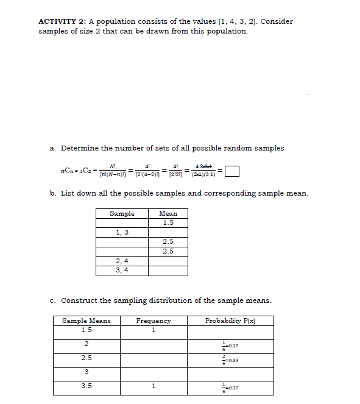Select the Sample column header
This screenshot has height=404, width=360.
(x=122, y=214)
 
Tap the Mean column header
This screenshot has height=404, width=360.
(x=168, y=214)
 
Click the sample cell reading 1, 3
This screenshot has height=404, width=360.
(x=122, y=232)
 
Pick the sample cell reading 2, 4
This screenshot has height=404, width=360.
(x=122, y=260)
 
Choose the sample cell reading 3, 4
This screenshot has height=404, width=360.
(x=122, y=269)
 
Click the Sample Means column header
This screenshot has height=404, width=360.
(x=86, y=321)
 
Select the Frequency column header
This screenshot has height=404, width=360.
(x=154, y=321)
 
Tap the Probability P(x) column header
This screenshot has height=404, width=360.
(x=230, y=321)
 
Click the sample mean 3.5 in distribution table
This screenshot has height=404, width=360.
(x=86, y=385)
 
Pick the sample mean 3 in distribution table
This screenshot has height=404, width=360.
(x=86, y=372)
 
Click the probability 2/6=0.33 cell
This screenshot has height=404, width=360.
(x=230, y=358)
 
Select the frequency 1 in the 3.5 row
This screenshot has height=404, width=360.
(x=154, y=385)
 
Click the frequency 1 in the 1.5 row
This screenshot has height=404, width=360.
(x=154, y=330)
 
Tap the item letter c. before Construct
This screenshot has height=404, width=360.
(x=54, y=300)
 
